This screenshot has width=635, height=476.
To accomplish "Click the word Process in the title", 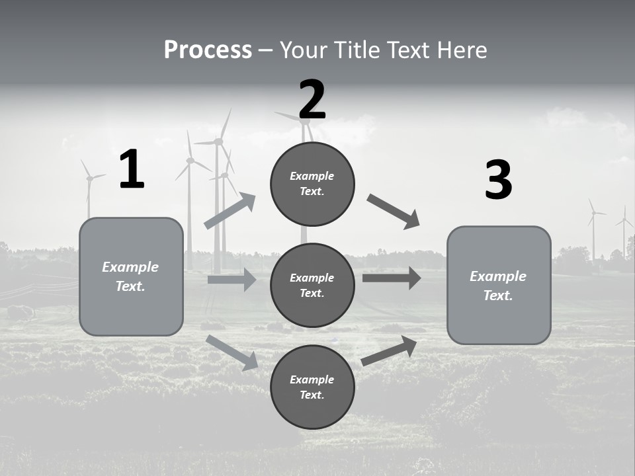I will pyautogui.click(x=208, y=50).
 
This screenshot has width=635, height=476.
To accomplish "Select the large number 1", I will pyautogui.click(x=132, y=170).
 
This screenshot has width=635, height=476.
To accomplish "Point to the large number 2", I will pyautogui.click(x=312, y=100).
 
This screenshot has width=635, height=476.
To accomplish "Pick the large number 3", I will pyautogui.click(x=498, y=180).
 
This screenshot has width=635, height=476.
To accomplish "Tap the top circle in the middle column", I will pyautogui.click(x=312, y=184).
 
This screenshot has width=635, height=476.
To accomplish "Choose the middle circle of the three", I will pyautogui.click(x=312, y=285).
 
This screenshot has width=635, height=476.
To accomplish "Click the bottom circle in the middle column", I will pyautogui.click(x=312, y=387).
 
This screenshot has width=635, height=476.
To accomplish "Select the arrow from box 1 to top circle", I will pyautogui.click(x=230, y=211).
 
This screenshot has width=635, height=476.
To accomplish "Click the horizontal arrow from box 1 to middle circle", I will pyautogui.click(x=232, y=280).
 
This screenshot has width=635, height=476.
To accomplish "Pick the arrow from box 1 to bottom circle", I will pyautogui.click(x=232, y=352).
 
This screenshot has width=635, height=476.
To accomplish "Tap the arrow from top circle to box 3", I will pyautogui.click(x=394, y=212).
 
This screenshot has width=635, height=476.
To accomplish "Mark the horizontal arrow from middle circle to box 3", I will pyautogui.click(x=392, y=278).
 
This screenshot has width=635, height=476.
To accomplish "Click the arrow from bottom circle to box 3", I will pyautogui.click(x=389, y=350).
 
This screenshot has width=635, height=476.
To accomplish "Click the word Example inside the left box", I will pyautogui.click(x=130, y=267).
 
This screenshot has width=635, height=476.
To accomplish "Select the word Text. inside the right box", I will pyautogui.click(x=498, y=296).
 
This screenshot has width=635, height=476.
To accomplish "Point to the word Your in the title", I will pyautogui.click(x=303, y=50).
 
